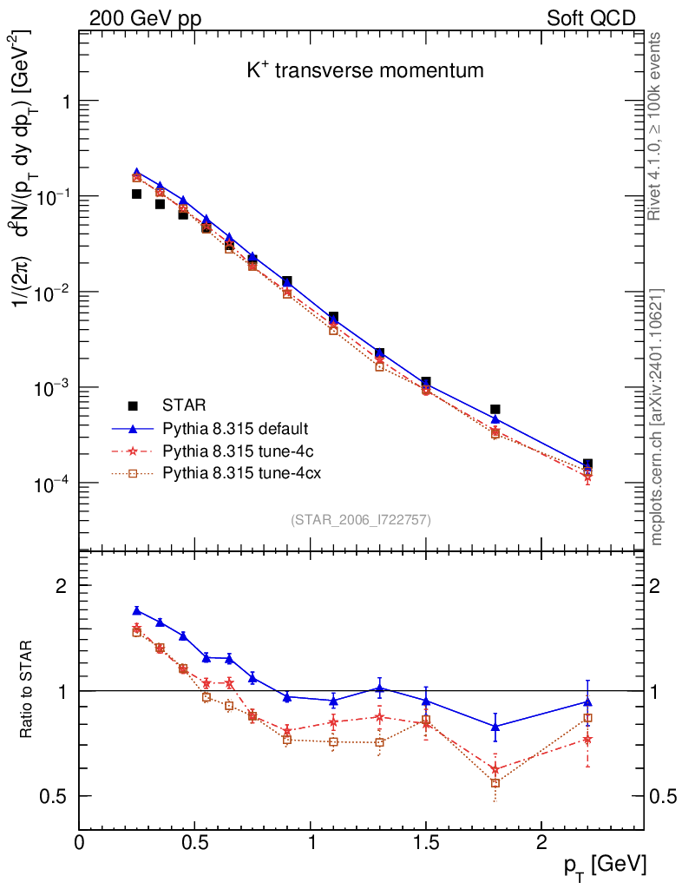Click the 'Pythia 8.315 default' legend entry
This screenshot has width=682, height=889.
[x=235, y=429]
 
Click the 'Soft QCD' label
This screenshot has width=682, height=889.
[x=590, y=17]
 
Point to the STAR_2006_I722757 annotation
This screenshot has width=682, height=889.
[x=361, y=519]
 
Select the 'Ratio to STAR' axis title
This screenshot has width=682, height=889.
[x=30, y=691]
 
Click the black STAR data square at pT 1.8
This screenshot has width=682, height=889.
[x=495, y=409]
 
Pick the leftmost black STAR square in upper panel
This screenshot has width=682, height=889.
[x=136, y=194]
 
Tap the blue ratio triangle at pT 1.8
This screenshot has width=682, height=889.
[x=495, y=726]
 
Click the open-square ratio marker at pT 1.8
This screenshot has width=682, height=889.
[x=495, y=783]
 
